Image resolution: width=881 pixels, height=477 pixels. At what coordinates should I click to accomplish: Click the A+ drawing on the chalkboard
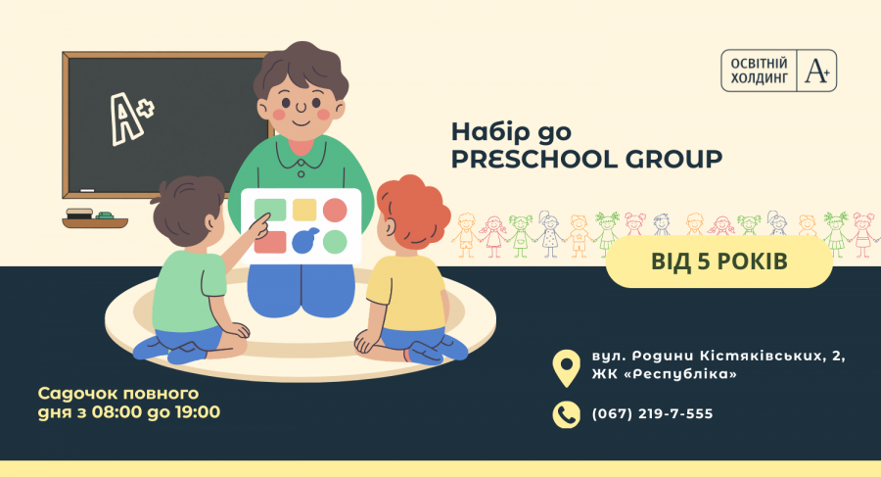pos(131,118)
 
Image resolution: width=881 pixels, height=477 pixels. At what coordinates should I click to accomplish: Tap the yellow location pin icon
pos(567,368)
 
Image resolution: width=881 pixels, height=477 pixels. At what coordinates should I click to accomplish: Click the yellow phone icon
pos(567,414)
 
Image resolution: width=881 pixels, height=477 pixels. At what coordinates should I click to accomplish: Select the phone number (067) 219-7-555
pos(652,414)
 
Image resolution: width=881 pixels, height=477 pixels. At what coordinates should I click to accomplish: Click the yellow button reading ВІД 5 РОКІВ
pos(719,262)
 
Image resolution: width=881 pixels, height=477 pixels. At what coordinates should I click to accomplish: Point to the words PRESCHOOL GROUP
pos(586,160)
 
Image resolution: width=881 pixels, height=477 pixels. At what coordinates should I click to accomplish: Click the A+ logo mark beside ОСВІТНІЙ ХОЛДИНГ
pos(817,71)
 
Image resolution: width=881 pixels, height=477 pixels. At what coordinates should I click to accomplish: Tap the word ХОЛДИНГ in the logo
pos(759,78)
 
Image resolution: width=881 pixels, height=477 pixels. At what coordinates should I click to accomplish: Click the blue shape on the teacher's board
pos(305,240)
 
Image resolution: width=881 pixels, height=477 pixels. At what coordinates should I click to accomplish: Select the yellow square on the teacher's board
pos(304,210)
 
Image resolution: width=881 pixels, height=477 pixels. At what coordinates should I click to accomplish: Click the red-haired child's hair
pos(414,210)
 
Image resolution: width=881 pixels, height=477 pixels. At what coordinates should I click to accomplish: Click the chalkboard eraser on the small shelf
pos(79,214)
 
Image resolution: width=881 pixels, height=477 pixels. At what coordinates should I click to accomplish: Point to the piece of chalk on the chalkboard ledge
pos(87,191)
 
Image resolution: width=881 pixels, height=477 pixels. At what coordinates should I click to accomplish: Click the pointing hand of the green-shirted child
pos(260,225)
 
